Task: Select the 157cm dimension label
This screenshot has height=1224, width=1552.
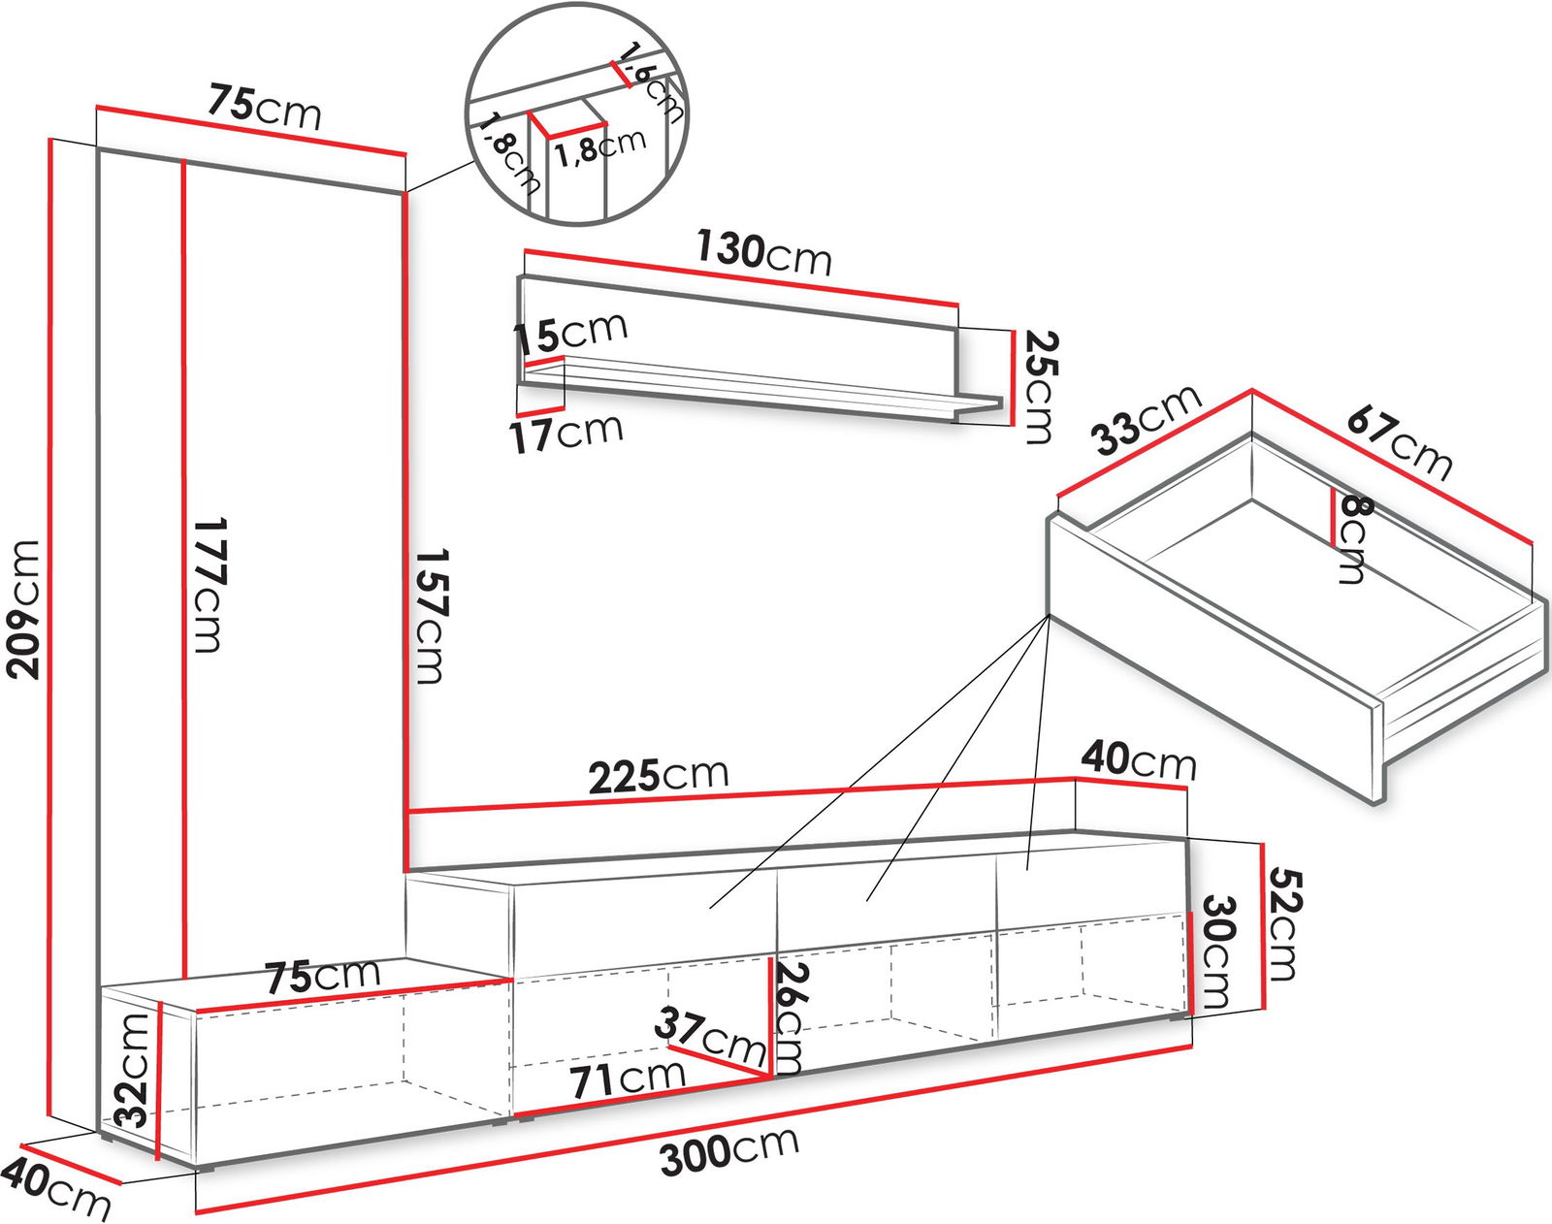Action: tap(432, 616)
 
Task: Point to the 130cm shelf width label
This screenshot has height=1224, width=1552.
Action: tap(763, 252)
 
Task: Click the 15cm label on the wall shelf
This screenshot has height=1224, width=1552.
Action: tap(570, 333)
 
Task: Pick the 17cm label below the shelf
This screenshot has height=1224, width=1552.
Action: tap(566, 434)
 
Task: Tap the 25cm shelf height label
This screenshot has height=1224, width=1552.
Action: tap(1039, 387)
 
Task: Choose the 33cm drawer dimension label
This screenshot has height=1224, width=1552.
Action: tap(1146, 421)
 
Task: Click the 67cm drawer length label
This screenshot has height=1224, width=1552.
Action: tap(1399, 442)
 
